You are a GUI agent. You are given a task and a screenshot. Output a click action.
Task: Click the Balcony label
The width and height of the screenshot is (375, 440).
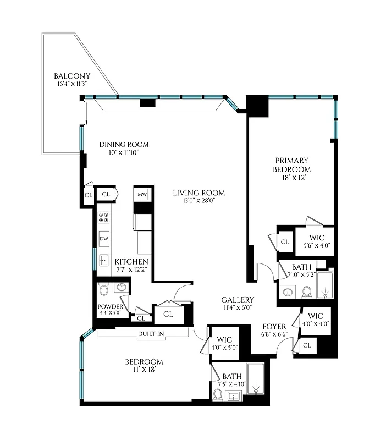[x=72, y=76]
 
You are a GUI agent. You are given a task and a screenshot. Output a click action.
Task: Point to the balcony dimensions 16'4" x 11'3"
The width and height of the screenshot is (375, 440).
[x=72, y=84]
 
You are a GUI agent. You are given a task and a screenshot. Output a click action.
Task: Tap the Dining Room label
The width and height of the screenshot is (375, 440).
[x=124, y=145]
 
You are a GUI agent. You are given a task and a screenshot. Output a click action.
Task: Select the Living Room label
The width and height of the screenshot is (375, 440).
[x=198, y=193]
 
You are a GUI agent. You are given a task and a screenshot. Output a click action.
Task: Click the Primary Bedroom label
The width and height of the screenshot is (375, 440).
[x=292, y=165]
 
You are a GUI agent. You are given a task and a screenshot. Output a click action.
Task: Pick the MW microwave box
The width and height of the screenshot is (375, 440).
[x=142, y=195]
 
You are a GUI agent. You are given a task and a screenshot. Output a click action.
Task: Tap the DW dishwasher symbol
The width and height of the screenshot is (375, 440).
[x=104, y=239]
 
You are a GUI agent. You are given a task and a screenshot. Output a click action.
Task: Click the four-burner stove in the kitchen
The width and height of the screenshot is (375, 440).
[x=104, y=217]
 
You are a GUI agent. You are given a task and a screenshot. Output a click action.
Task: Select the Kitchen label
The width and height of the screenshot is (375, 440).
[x=131, y=261]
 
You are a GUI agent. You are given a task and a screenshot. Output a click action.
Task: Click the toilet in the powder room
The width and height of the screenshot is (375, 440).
[x=103, y=289]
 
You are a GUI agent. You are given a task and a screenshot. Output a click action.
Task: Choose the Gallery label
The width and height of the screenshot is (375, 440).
[x=238, y=300]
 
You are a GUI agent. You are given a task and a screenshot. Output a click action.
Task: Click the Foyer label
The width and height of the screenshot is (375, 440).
[x=274, y=326]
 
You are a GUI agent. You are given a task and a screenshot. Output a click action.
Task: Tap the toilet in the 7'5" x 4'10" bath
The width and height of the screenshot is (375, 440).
[x=218, y=395]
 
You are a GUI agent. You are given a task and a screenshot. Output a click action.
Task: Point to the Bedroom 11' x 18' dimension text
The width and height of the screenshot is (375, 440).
[x=144, y=370]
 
